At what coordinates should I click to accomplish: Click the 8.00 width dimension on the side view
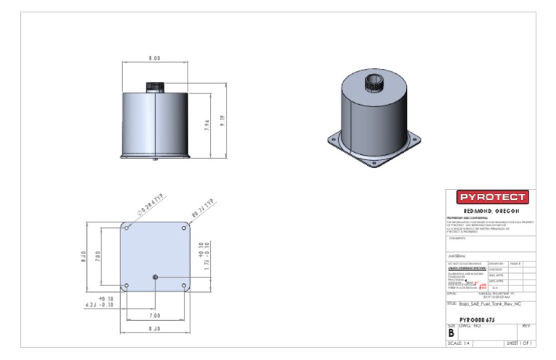pyautogui.click(x=154, y=58)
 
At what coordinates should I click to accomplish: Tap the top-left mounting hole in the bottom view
pyautogui.click(x=127, y=227)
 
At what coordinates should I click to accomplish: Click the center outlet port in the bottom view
pyautogui.click(x=156, y=277)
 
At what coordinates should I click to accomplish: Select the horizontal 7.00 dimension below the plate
pyautogui.click(x=156, y=316)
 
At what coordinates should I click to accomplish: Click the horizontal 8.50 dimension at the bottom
pyautogui.click(x=156, y=330)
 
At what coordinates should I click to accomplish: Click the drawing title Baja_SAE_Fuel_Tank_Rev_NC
pyautogui.click(x=492, y=304)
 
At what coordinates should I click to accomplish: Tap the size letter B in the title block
pyautogui.click(x=451, y=332)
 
